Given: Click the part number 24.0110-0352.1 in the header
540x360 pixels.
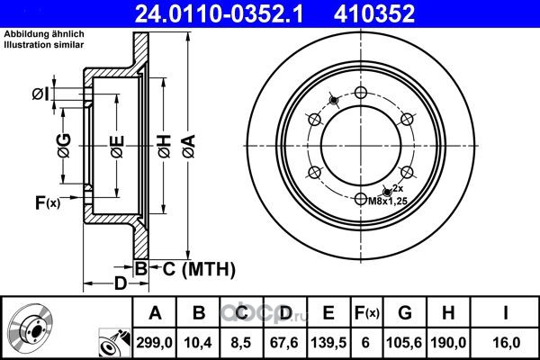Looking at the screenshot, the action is click(x=219, y=13).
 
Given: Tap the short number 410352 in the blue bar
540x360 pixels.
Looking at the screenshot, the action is click(x=374, y=13).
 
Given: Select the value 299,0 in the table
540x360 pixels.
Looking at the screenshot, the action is click(x=154, y=343).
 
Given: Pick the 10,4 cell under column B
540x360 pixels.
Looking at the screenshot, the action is click(x=198, y=343).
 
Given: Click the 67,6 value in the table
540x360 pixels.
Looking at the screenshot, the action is click(x=284, y=343).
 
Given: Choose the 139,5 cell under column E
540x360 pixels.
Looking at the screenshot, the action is click(x=328, y=343).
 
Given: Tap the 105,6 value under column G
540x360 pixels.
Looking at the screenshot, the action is click(x=404, y=343).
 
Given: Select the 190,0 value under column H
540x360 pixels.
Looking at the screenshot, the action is click(x=448, y=343).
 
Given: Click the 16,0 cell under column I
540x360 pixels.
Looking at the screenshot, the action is click(x=506, y=343).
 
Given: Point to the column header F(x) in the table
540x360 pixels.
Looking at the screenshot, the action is click(x=366, y=313).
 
